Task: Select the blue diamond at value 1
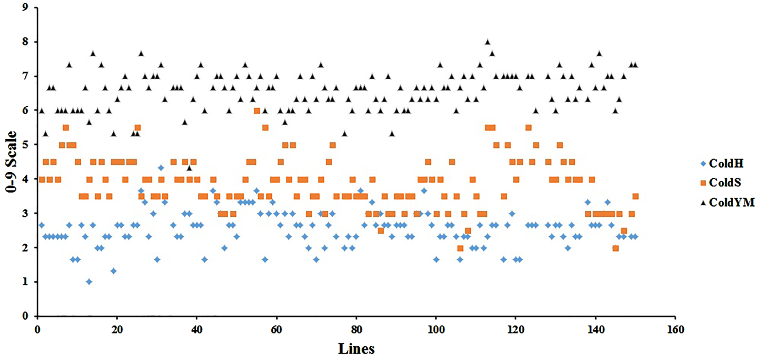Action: [x=89, y=282]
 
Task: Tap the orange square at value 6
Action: [x=257, y=111]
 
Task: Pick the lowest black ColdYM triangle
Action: [x=189, y=168]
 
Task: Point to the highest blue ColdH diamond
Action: [x=161, y=168]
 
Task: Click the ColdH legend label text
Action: [x=726, y=164]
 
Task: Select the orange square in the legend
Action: [x=703, y=183]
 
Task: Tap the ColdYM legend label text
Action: [x=731, y=202]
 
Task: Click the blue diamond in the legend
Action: [x=703, y=164]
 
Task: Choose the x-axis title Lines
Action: [x=356, y=349]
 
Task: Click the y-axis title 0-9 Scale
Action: [x=11, y=162]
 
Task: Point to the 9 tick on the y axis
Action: [x=25, y=7]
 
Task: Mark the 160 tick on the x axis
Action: [x=676, y=329]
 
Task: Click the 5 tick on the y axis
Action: [x=25, y=145]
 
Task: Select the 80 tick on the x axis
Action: [x=356, y=329]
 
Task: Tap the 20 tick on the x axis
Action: [x=117, y=329]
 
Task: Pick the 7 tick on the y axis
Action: [x=25, y=76]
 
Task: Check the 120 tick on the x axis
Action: [x=516, y=329]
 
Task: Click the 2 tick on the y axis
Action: [x=25, y=247]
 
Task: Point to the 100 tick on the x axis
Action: [x=436, y=329]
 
